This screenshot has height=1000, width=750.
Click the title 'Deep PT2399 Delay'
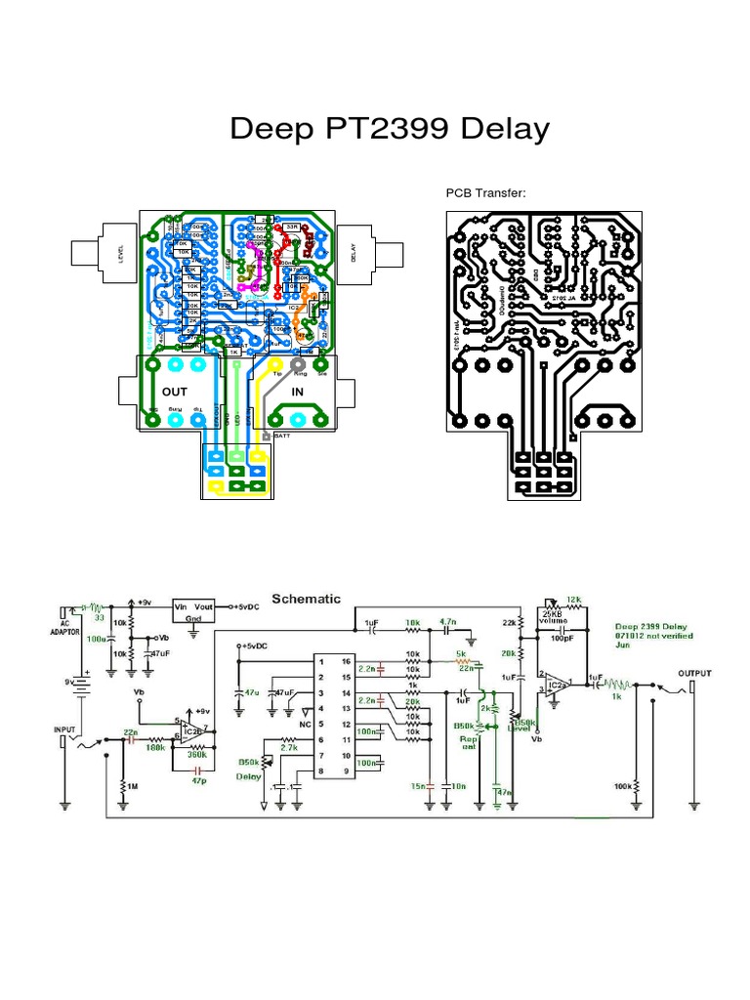click(390, 129)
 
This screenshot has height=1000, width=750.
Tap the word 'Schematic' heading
click(307, 598)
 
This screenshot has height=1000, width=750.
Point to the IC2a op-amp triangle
click(556, 683)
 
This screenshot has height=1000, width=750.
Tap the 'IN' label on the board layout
click(299, 391)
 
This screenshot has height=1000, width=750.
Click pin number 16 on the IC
click(345, 661)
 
